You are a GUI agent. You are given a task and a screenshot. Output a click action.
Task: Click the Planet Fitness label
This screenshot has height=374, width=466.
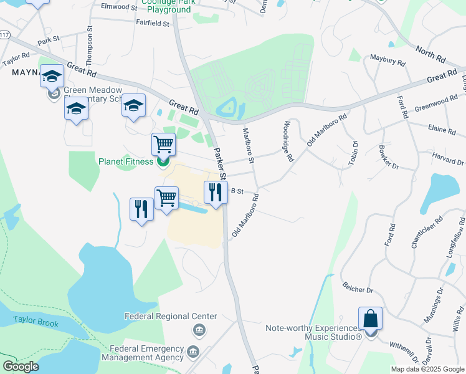126,162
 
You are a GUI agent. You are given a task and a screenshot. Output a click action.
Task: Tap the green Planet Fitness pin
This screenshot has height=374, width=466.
164,163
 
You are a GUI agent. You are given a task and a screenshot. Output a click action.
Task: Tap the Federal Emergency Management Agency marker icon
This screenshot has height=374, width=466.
193,353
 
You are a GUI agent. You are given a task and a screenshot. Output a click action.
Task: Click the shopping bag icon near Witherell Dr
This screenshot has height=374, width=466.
370,319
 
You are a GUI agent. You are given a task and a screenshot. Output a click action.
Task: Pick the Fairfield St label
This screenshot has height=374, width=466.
153,24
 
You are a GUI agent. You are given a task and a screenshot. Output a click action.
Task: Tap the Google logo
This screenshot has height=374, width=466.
21,367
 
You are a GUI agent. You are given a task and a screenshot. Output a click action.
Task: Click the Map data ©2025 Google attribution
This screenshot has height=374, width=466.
427,369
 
